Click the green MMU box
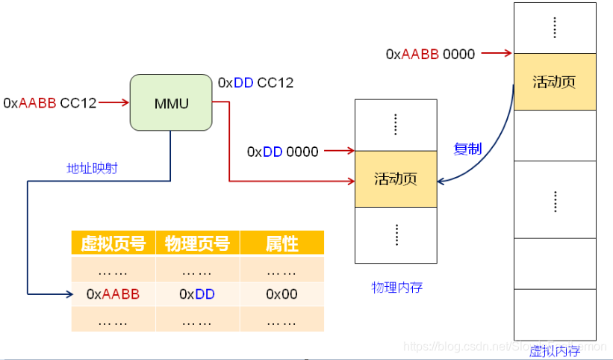[170, 102]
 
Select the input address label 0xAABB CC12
[50, 103]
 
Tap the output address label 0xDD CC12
[255, 83]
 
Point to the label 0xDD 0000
[282, 152]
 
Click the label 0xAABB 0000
[429, 55]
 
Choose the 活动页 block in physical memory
[395, 179]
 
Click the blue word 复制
[467, 149]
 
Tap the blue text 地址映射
[92, 169]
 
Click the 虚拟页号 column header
[113, 243]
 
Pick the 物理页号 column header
[197, 243]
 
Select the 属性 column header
[281, 243]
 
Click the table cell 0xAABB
[113, 294]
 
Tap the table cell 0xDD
[197, 294]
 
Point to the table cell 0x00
[281, 294]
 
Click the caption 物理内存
[397, 288]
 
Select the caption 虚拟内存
[554, 351]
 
